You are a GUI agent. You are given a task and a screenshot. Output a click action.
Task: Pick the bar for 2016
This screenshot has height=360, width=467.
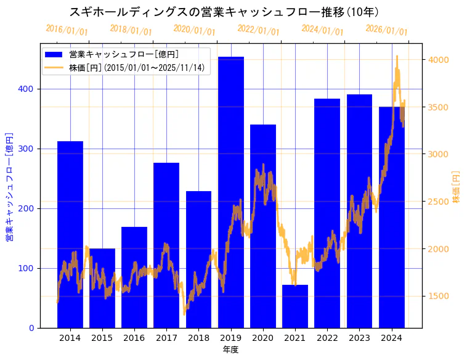tap(134, 277)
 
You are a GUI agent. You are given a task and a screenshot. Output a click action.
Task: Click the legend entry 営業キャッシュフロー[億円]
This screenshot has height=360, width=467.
tap(124, 54)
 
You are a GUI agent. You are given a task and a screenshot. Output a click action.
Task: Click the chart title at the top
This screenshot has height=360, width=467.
tap(224, 12)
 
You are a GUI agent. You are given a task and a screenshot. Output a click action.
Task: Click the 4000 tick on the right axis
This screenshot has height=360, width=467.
tap(438, 60)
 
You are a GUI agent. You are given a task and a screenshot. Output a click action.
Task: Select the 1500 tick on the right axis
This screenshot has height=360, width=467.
tap(438, 297)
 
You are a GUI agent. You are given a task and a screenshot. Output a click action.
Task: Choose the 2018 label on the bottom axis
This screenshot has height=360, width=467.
tap(198, 338)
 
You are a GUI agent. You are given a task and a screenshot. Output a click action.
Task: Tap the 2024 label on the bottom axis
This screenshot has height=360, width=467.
tap(391, 338)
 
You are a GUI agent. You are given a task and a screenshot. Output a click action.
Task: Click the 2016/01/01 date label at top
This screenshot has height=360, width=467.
tap(67, 30)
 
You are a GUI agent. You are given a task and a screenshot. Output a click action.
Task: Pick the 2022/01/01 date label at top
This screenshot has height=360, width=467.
tap(258, 30)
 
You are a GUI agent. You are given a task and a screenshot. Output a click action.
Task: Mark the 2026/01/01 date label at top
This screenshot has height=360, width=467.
tap(386, 30)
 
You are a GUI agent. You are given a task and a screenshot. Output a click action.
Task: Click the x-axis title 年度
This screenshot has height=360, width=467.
tap(230, 350)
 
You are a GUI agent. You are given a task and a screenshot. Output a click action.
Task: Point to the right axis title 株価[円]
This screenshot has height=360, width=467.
tap(457, 187)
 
